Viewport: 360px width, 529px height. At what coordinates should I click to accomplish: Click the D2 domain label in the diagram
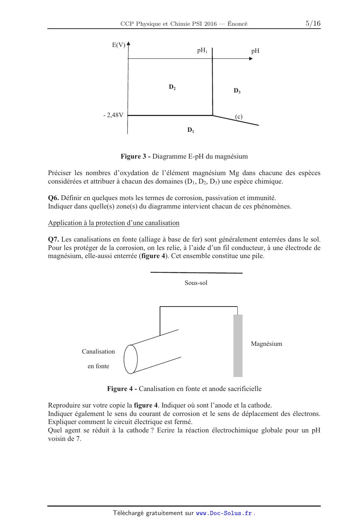172,87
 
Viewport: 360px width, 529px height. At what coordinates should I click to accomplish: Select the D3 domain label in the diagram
237,91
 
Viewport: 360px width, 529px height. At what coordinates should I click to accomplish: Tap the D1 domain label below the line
190,130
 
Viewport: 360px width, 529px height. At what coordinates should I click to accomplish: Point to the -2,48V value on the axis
113,115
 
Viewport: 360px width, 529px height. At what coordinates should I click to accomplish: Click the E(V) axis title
119,45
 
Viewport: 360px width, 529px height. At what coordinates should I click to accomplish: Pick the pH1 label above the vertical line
202,51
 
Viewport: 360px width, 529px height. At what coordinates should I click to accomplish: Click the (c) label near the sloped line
239,117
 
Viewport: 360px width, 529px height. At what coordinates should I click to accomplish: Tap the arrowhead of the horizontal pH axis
251,58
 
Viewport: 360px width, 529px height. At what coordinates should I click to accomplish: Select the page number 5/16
313,23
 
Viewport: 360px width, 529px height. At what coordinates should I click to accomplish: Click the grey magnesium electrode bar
238,345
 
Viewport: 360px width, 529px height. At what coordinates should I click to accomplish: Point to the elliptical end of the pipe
131,359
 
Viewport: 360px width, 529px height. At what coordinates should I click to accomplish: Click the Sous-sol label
196,283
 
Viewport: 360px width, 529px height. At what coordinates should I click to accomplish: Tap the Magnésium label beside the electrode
266,344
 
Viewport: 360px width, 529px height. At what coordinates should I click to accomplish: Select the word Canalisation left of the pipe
98,351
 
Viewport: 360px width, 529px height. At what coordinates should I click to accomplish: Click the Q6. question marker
54,198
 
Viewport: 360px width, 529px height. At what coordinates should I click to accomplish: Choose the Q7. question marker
54,239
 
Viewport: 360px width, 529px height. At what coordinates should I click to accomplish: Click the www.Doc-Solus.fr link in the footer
224,513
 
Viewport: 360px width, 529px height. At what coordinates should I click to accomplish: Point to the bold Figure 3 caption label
135,156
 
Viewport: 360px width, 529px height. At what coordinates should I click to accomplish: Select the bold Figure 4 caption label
122,388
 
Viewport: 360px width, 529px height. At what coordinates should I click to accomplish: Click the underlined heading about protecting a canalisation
114,223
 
